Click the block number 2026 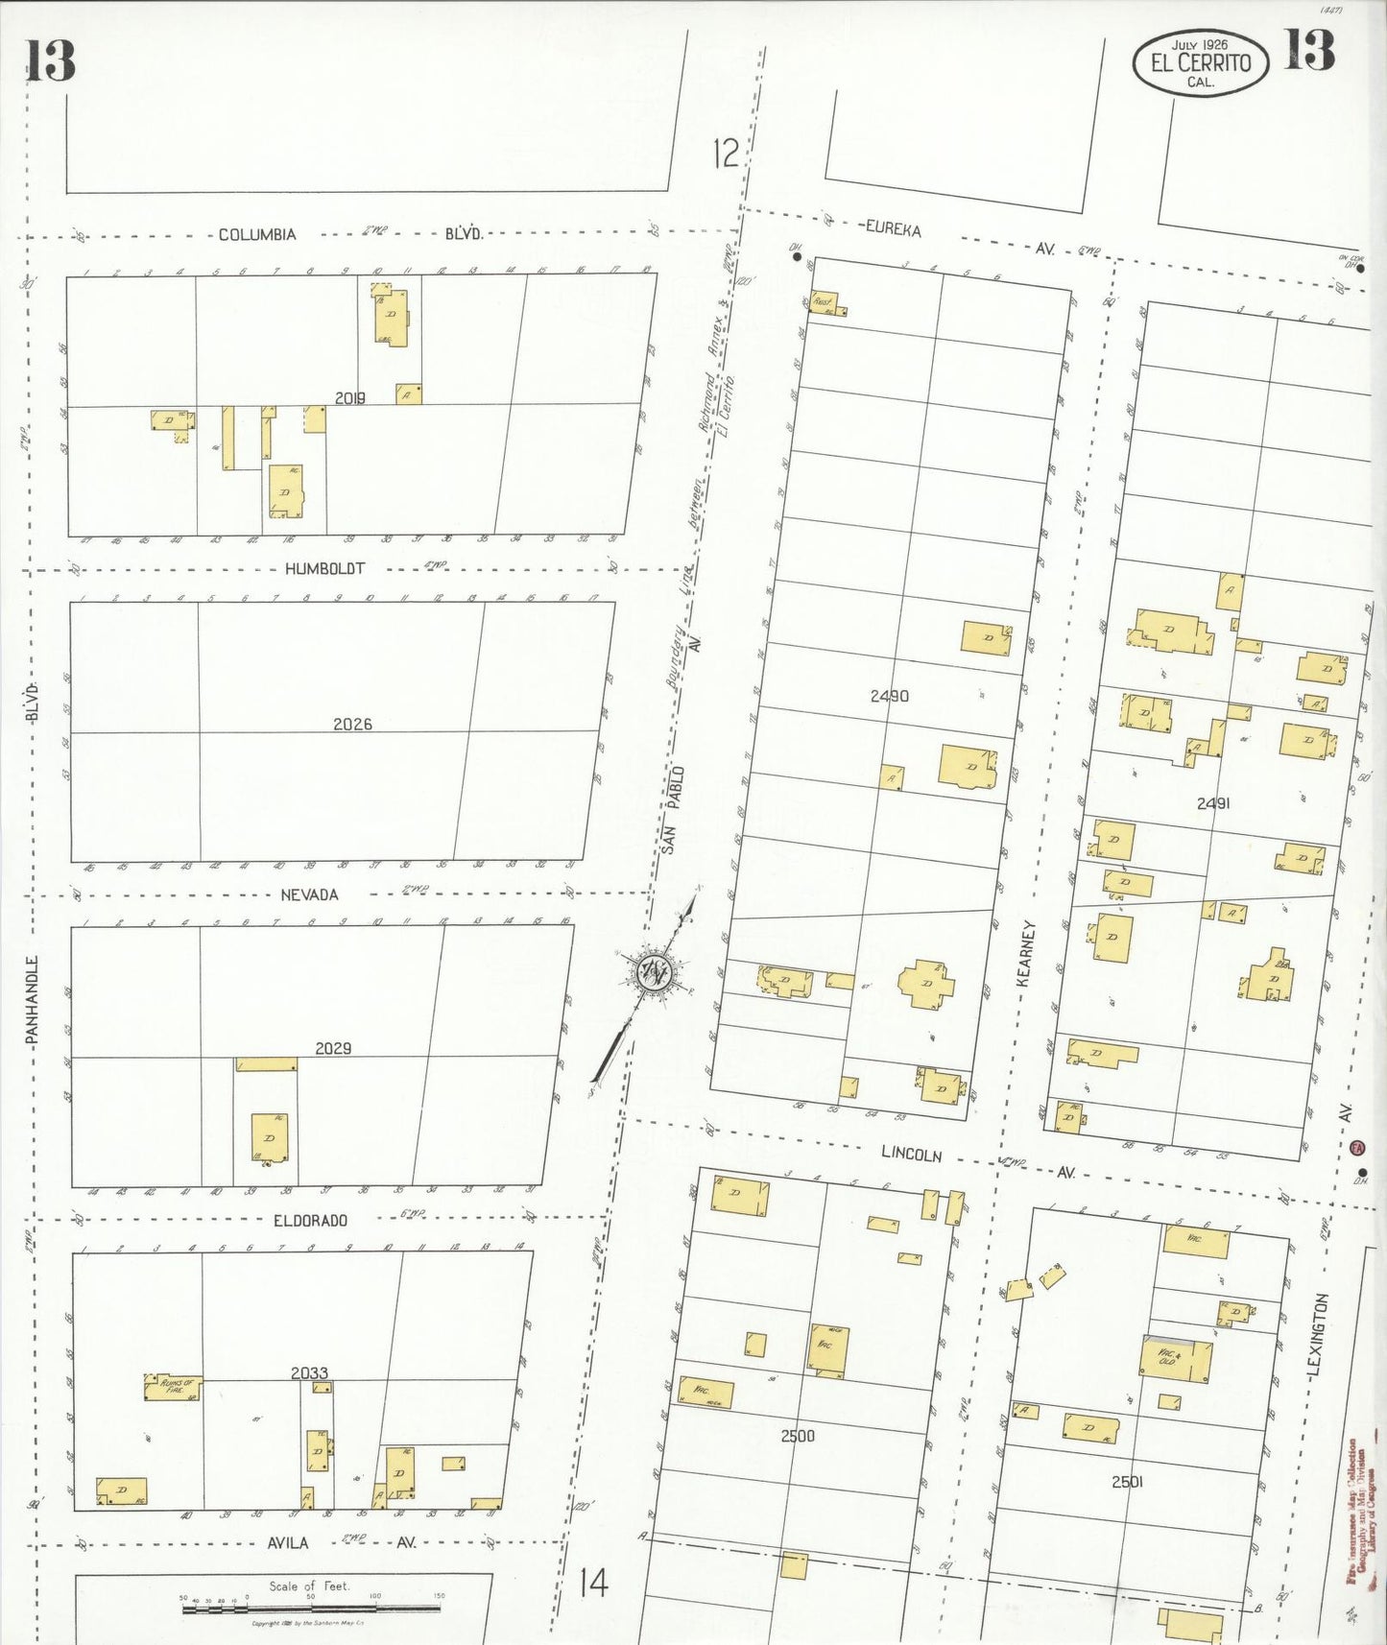[x=352, y=725]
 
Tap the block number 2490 [x=889, y=696]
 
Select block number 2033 [x=309, y=1373]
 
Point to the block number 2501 [x=1127, y=1482]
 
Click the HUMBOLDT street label [x=324, y=569]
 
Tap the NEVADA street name [x=309, y=894]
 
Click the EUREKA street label [x=893, y=229]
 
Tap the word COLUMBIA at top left [x=257, y=234]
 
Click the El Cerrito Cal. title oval [x=1200, y=63]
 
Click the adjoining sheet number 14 [x=593, y=1582]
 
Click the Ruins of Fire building [x=171, y=1388]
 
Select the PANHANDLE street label [x=32, y=999]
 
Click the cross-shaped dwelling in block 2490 [x=926, y=984]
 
